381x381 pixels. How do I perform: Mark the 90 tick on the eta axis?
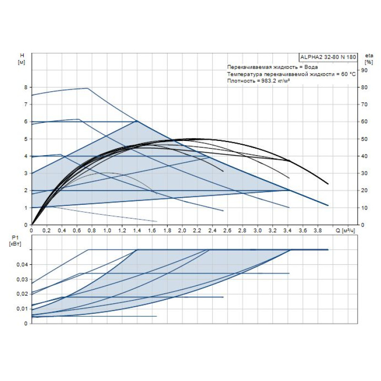(365, 70)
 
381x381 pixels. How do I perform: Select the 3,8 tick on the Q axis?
(318, 231)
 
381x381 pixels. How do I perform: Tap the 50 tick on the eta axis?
(365, 139)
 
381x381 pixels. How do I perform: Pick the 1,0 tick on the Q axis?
(107, 231)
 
